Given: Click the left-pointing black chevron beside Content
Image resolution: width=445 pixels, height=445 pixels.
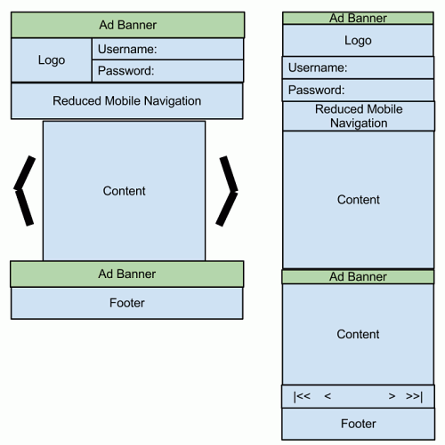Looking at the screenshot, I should [26, 190].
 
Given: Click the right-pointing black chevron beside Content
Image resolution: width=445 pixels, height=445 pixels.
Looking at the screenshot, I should [228, 190].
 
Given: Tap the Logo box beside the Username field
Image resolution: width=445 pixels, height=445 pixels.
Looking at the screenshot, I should [52, 60].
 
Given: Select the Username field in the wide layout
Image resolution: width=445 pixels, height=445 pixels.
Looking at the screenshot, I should [167, 49].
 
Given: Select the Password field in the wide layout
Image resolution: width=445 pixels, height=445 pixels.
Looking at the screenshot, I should [167, 71].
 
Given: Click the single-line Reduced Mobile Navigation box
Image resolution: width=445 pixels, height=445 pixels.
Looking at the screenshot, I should [126, 101].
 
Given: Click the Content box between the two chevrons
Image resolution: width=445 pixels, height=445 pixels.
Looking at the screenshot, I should [124, 191].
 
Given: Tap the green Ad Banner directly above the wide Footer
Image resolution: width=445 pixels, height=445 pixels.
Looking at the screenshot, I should [126, 274].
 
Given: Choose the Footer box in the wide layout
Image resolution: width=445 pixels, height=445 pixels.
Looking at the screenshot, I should [126, 303].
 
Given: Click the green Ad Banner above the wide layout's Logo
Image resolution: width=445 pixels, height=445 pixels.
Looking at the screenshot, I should [126, 25].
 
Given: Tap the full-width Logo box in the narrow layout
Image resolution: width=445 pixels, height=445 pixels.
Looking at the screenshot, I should [358, 41].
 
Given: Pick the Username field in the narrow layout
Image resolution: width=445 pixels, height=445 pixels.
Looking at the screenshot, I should [358, 68].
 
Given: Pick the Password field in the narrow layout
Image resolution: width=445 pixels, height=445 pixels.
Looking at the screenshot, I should [358, 91].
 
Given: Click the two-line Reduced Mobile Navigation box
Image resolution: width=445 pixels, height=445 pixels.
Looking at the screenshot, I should [358, 116].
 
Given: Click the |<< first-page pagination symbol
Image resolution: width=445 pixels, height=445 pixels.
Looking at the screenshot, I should [302, 396].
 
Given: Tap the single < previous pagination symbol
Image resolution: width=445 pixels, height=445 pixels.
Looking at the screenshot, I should [328, 396].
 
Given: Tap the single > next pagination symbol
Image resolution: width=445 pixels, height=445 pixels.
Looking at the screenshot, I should [392, 396].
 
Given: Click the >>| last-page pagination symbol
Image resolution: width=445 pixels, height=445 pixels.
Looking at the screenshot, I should [414, 396].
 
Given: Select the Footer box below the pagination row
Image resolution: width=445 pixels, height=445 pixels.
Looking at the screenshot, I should [358, 424].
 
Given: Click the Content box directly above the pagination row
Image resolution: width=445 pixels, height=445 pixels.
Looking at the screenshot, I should [358, 334].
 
